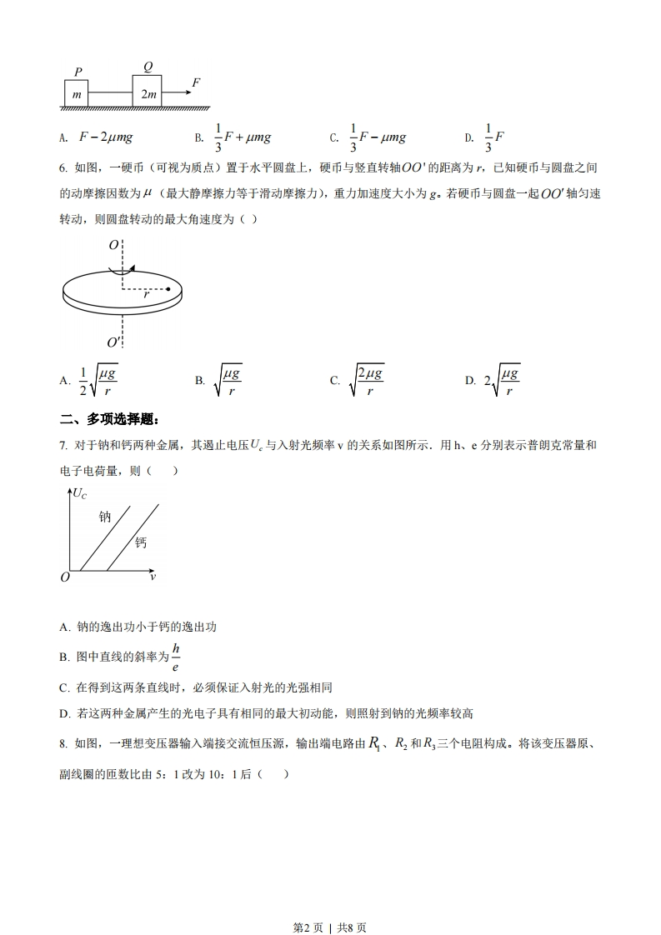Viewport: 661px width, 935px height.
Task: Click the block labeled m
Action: point(77,94)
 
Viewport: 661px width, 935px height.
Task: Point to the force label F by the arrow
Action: point(196,82)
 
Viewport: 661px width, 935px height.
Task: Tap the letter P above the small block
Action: point(77,72)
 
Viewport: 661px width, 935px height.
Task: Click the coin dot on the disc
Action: point(168,289)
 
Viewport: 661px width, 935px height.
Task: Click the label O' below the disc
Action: point(114,342)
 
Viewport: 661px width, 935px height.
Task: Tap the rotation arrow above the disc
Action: point(122,269)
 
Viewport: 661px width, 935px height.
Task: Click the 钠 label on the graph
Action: point(105,517)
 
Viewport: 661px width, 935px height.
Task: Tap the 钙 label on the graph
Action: point(141,542)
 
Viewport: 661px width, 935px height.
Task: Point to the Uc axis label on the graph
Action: point(80,493)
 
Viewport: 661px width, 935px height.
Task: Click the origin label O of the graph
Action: point(64,577)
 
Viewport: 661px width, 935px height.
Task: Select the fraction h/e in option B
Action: point(176,657)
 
